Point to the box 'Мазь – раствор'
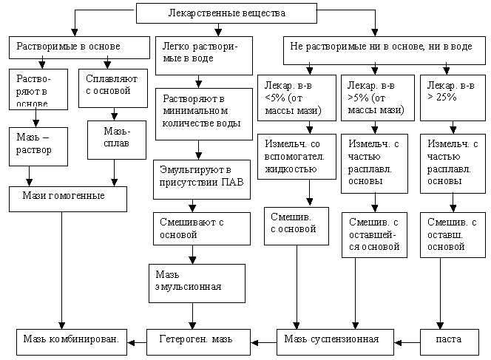(x=38, y=145)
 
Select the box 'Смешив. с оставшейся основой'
(x=374, y=234)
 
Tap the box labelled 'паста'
(x=449, y=339)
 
